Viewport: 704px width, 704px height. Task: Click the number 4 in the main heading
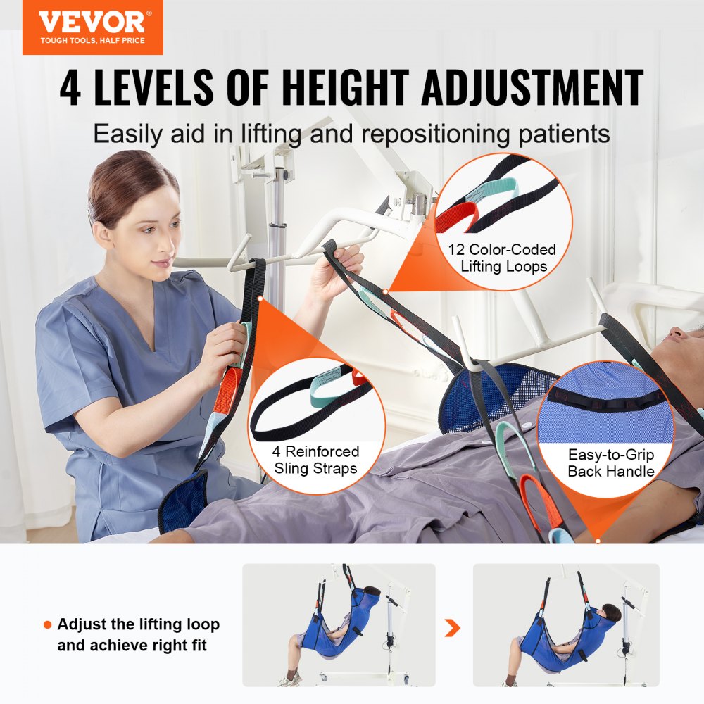[x=70, y=89]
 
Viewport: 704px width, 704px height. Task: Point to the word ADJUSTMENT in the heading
[x=546, y=89]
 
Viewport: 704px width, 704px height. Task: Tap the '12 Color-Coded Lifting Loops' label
[x=502, y=258]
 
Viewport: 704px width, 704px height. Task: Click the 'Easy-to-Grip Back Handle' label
[x=611, y=463]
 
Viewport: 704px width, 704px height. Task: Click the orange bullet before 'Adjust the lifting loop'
[x=47, y=625]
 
